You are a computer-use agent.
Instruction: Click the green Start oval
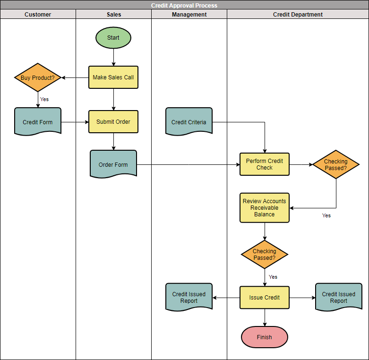113,38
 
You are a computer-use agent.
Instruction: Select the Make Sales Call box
113,77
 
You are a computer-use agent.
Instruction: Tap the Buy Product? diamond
38,77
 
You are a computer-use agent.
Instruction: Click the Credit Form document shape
38,122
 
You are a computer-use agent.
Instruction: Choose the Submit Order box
113,122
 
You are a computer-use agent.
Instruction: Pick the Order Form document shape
113,164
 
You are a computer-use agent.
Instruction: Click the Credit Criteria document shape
189,122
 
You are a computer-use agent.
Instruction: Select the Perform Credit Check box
265,164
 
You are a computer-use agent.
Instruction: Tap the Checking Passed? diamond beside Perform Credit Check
336,164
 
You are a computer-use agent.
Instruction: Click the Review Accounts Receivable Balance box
265,208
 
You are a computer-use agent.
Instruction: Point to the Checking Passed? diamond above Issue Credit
265,255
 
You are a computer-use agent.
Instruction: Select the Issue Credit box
265,298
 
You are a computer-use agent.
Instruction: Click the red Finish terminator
265,337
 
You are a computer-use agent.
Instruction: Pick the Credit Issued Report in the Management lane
189,297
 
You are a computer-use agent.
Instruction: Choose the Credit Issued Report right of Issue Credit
339,297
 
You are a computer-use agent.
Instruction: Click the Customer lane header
38,15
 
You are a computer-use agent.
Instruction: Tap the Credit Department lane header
298,15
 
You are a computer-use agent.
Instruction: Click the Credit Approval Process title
184,6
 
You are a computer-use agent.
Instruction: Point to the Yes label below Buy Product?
44,99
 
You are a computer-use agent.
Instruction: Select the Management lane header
189,15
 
